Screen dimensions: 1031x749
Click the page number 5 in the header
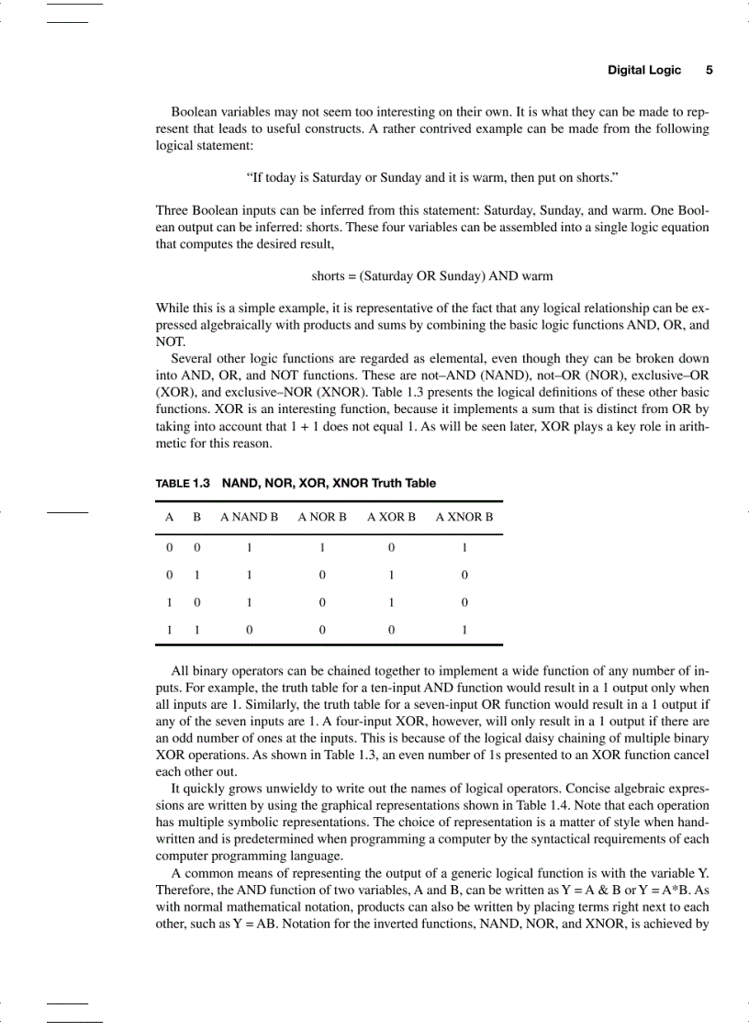pos(709,70)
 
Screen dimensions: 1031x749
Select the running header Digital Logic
pos(644,70)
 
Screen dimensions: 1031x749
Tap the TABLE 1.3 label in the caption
pos(183,483)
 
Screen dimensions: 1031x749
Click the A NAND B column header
pos(249,517)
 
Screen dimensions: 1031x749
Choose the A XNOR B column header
pos(464,517)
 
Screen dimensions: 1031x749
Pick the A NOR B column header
pos(322,517)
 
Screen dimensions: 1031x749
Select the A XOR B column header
pos(391,517)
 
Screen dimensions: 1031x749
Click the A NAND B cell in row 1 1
pos(249,631)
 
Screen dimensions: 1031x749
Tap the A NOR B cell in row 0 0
pos(322,548)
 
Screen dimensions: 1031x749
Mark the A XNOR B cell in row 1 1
pos(464,631)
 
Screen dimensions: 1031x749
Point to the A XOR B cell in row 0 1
pos(391,576)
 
